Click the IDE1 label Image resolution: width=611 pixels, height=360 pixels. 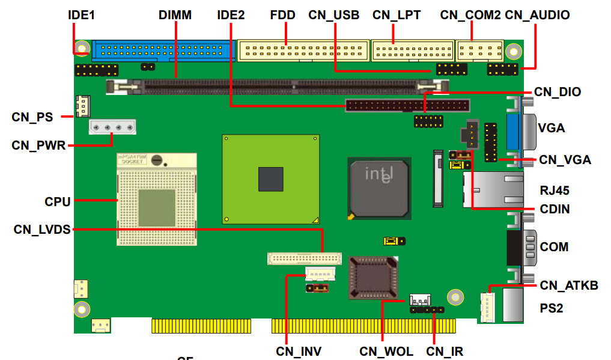[x=81, y=15]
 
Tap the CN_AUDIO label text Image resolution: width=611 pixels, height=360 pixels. [x=537, y=15]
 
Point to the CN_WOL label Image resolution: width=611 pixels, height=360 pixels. [x=386, y=351]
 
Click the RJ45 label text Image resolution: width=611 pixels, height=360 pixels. [x=554, y=191]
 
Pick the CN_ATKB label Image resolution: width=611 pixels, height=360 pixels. [x=568, y=285]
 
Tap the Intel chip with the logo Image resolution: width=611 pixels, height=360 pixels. [x=379, y=187]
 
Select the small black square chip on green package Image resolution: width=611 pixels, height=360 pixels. [x=270, y=179]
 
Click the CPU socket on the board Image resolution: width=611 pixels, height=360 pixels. [x=156, y=198]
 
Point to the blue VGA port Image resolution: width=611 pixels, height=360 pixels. [x=514, y=132]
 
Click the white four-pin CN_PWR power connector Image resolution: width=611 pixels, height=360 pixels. [x=112, y=127]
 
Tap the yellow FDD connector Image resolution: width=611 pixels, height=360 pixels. [x=303, y=50]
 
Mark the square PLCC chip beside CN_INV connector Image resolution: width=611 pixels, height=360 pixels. [x=372, y=278]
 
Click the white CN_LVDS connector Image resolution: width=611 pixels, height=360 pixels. [x=304, y=259]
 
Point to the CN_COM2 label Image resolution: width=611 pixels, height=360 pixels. [x=470, y=15]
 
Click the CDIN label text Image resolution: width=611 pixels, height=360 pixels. [x=554, y=209]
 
